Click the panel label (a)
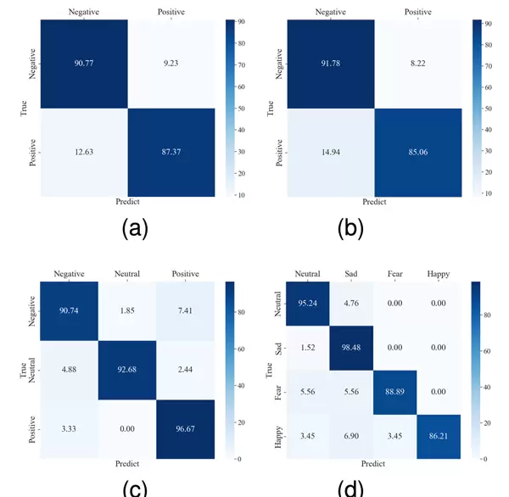(x=135, y=226)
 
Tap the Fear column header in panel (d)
(x=395, y=274)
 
